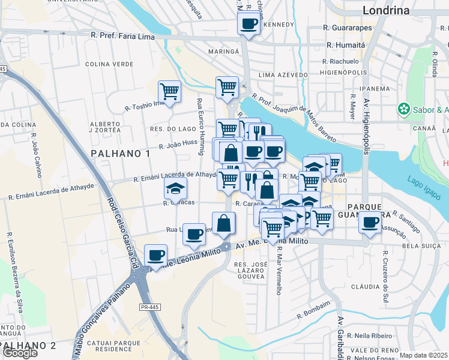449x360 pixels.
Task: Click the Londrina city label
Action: [x=386, y=10]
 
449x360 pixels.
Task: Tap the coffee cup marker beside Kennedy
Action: [x=249, y=25]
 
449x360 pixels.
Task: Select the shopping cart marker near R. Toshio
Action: [x=169, y=92]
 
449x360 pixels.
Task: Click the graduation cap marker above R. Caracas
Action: [x=175, y=189]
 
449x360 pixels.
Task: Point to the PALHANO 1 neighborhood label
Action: [x=121, y=154]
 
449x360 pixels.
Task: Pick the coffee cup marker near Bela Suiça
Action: [x=370, y=223]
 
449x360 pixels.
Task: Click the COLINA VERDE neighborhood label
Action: [x=109, y=64]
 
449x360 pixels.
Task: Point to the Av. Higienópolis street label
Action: [x=366, y=127]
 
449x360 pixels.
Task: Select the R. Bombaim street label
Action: [x=313, y=310]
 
